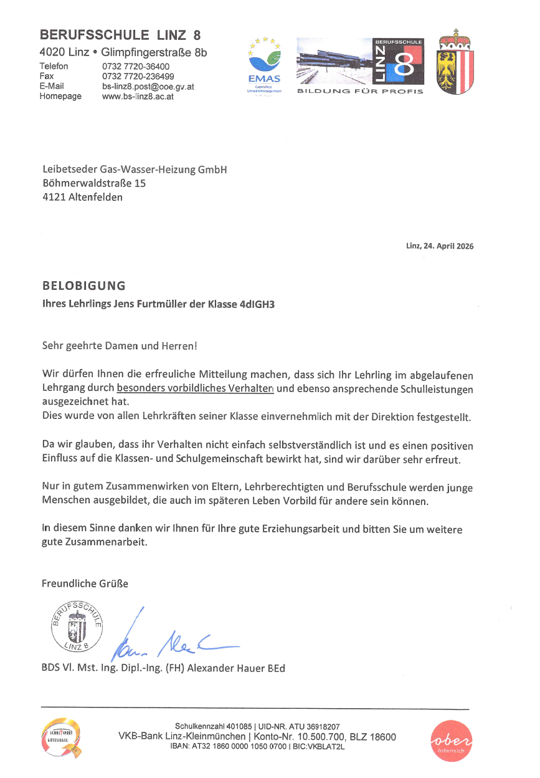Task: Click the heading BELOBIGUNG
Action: (x=83, y=286)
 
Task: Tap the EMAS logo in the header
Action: (x=265, y=65)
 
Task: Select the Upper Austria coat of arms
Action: (x=455, y=62)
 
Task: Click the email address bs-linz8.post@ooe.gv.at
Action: (x=148, y=87)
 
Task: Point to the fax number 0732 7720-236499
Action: (x=138, y=77)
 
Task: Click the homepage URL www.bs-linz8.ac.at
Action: (x=137, y=97)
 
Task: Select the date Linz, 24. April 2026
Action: (x=440, y=246)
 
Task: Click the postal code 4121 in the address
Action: (x=54, y=198)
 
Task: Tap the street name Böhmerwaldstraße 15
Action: (x=94, y=183)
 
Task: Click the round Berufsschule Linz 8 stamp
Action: (x=76, y=627)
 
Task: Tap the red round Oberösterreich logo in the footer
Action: (x=451, y=741)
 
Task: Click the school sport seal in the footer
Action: (x=60, y=739)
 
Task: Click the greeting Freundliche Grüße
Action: (x=85, y=583)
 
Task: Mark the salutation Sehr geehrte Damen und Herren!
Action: (x=120, y=345)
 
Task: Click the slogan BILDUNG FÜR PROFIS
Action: (x=360, y=92)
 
